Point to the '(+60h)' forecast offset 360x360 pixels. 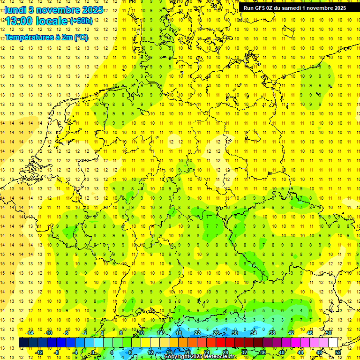coord(81,21)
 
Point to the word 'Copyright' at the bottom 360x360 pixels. coord(178,357)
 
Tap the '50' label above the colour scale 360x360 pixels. coord(329,333)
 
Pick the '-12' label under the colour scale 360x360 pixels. coord(39,352)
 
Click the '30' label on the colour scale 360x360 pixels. coord(235,333)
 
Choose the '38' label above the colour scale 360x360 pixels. coord(272,333)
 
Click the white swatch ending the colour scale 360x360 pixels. coord(333,343)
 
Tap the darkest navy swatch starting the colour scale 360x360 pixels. coord(23,343)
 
